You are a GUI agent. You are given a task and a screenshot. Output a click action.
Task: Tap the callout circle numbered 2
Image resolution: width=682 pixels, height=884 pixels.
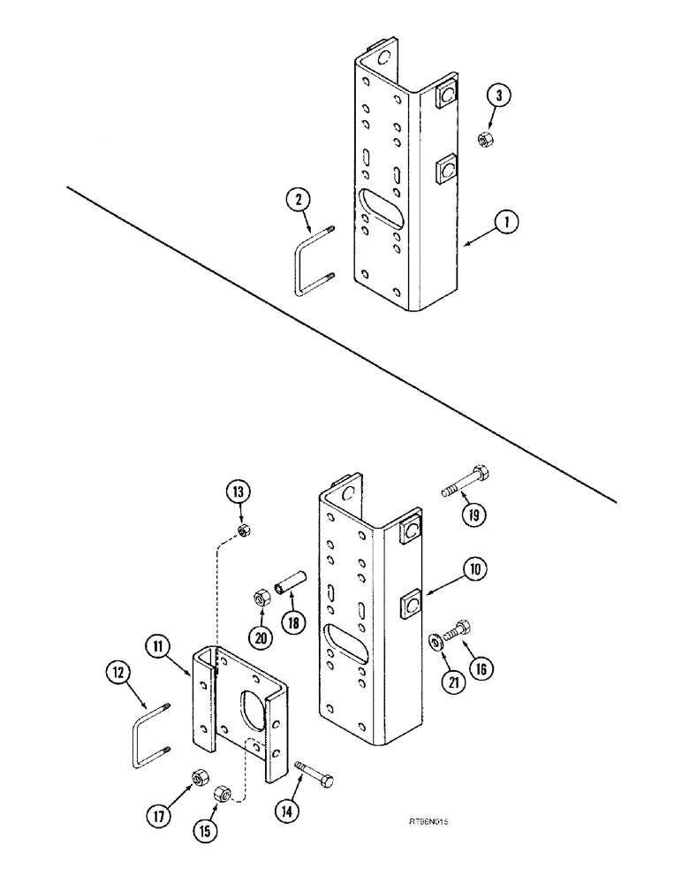(300, 200)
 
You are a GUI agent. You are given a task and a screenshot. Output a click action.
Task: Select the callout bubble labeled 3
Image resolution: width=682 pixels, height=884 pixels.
(500, 96)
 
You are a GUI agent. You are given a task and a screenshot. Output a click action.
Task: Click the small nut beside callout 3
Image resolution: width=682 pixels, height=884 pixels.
(483, 139)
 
